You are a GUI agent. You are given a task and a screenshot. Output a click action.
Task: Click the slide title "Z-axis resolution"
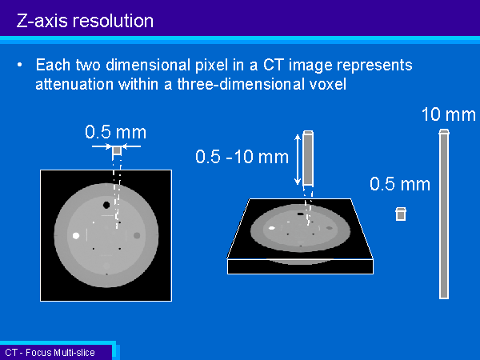(85, 22)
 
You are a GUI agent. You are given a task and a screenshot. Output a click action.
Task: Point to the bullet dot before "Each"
(20, 65)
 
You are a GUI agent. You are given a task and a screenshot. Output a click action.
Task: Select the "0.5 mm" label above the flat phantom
(116, 132)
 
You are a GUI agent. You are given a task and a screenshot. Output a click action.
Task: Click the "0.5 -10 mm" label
(242, 157)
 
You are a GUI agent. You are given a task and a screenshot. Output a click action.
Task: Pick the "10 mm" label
(449, 114)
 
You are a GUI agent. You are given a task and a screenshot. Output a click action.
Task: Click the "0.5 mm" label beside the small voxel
(400, 184)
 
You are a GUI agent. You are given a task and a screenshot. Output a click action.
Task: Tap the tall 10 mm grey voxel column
(444, 214)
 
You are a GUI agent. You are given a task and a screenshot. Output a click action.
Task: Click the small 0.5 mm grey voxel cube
(401, 214)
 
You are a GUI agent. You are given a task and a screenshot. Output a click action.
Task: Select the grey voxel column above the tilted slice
(308, 158)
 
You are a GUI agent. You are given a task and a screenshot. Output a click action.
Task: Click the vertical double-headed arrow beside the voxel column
(298, 159)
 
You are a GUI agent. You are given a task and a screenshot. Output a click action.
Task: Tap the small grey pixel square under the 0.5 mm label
(117, 150)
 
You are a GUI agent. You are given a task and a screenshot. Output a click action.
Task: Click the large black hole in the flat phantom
(106, 205)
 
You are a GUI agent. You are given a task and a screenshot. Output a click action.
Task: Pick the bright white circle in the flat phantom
(76, 235)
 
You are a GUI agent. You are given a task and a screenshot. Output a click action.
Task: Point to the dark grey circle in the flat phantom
(137, 235)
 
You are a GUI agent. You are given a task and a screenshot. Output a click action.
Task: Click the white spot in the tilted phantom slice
(271, 228)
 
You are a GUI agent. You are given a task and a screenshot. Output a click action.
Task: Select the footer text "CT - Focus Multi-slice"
(50, 353)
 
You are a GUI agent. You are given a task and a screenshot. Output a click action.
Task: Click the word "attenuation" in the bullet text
(74, 83)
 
